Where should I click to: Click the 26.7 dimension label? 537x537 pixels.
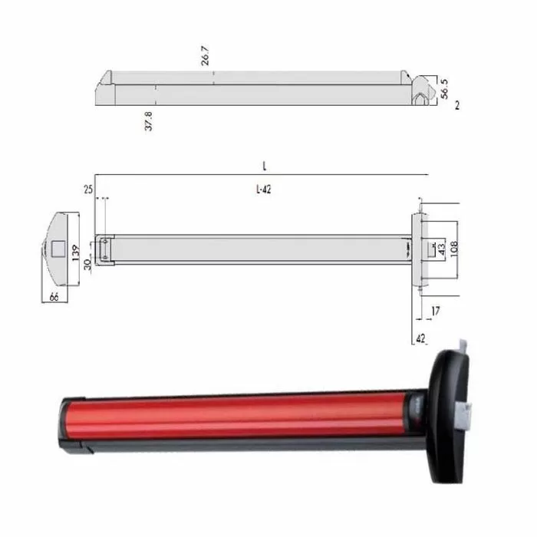(x=205, y=56)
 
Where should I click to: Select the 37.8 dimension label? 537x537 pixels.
(x=148, y=120)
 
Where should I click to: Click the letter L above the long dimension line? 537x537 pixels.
(x=263, y=166)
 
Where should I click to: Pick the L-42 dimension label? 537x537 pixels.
(x=262, y=190)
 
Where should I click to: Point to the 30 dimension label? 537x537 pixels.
(x=87, y=265)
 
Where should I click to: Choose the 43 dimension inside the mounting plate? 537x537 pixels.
(x=441, y=248)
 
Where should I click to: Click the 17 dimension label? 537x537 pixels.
(x=436, y=311)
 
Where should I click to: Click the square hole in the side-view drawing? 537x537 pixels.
(x=55, y=249)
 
